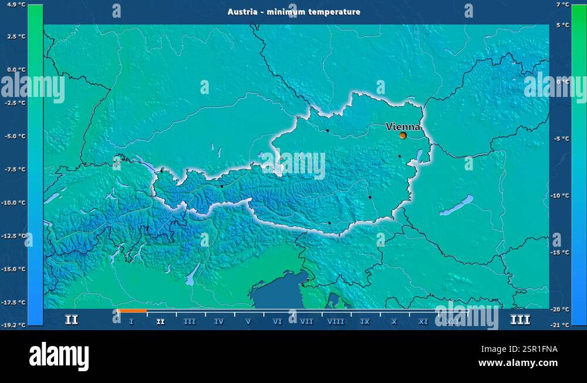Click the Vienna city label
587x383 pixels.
[403, 126]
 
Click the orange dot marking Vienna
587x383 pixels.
[403, 135]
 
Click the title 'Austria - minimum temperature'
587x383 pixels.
[294, 12]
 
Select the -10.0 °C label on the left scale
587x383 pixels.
[14, 203]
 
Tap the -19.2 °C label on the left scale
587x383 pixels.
[14, 324]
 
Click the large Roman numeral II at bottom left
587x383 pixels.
[71, 320]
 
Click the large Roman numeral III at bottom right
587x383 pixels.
[520, 320]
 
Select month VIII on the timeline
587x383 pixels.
[336, 322]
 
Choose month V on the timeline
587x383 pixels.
[248, 322]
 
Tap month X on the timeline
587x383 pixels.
[394, 322]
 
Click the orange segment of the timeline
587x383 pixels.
[132, 311]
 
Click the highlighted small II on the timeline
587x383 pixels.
[160, 322]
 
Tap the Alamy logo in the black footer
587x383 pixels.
[59, 357]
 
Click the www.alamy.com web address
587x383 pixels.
[518, 363]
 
